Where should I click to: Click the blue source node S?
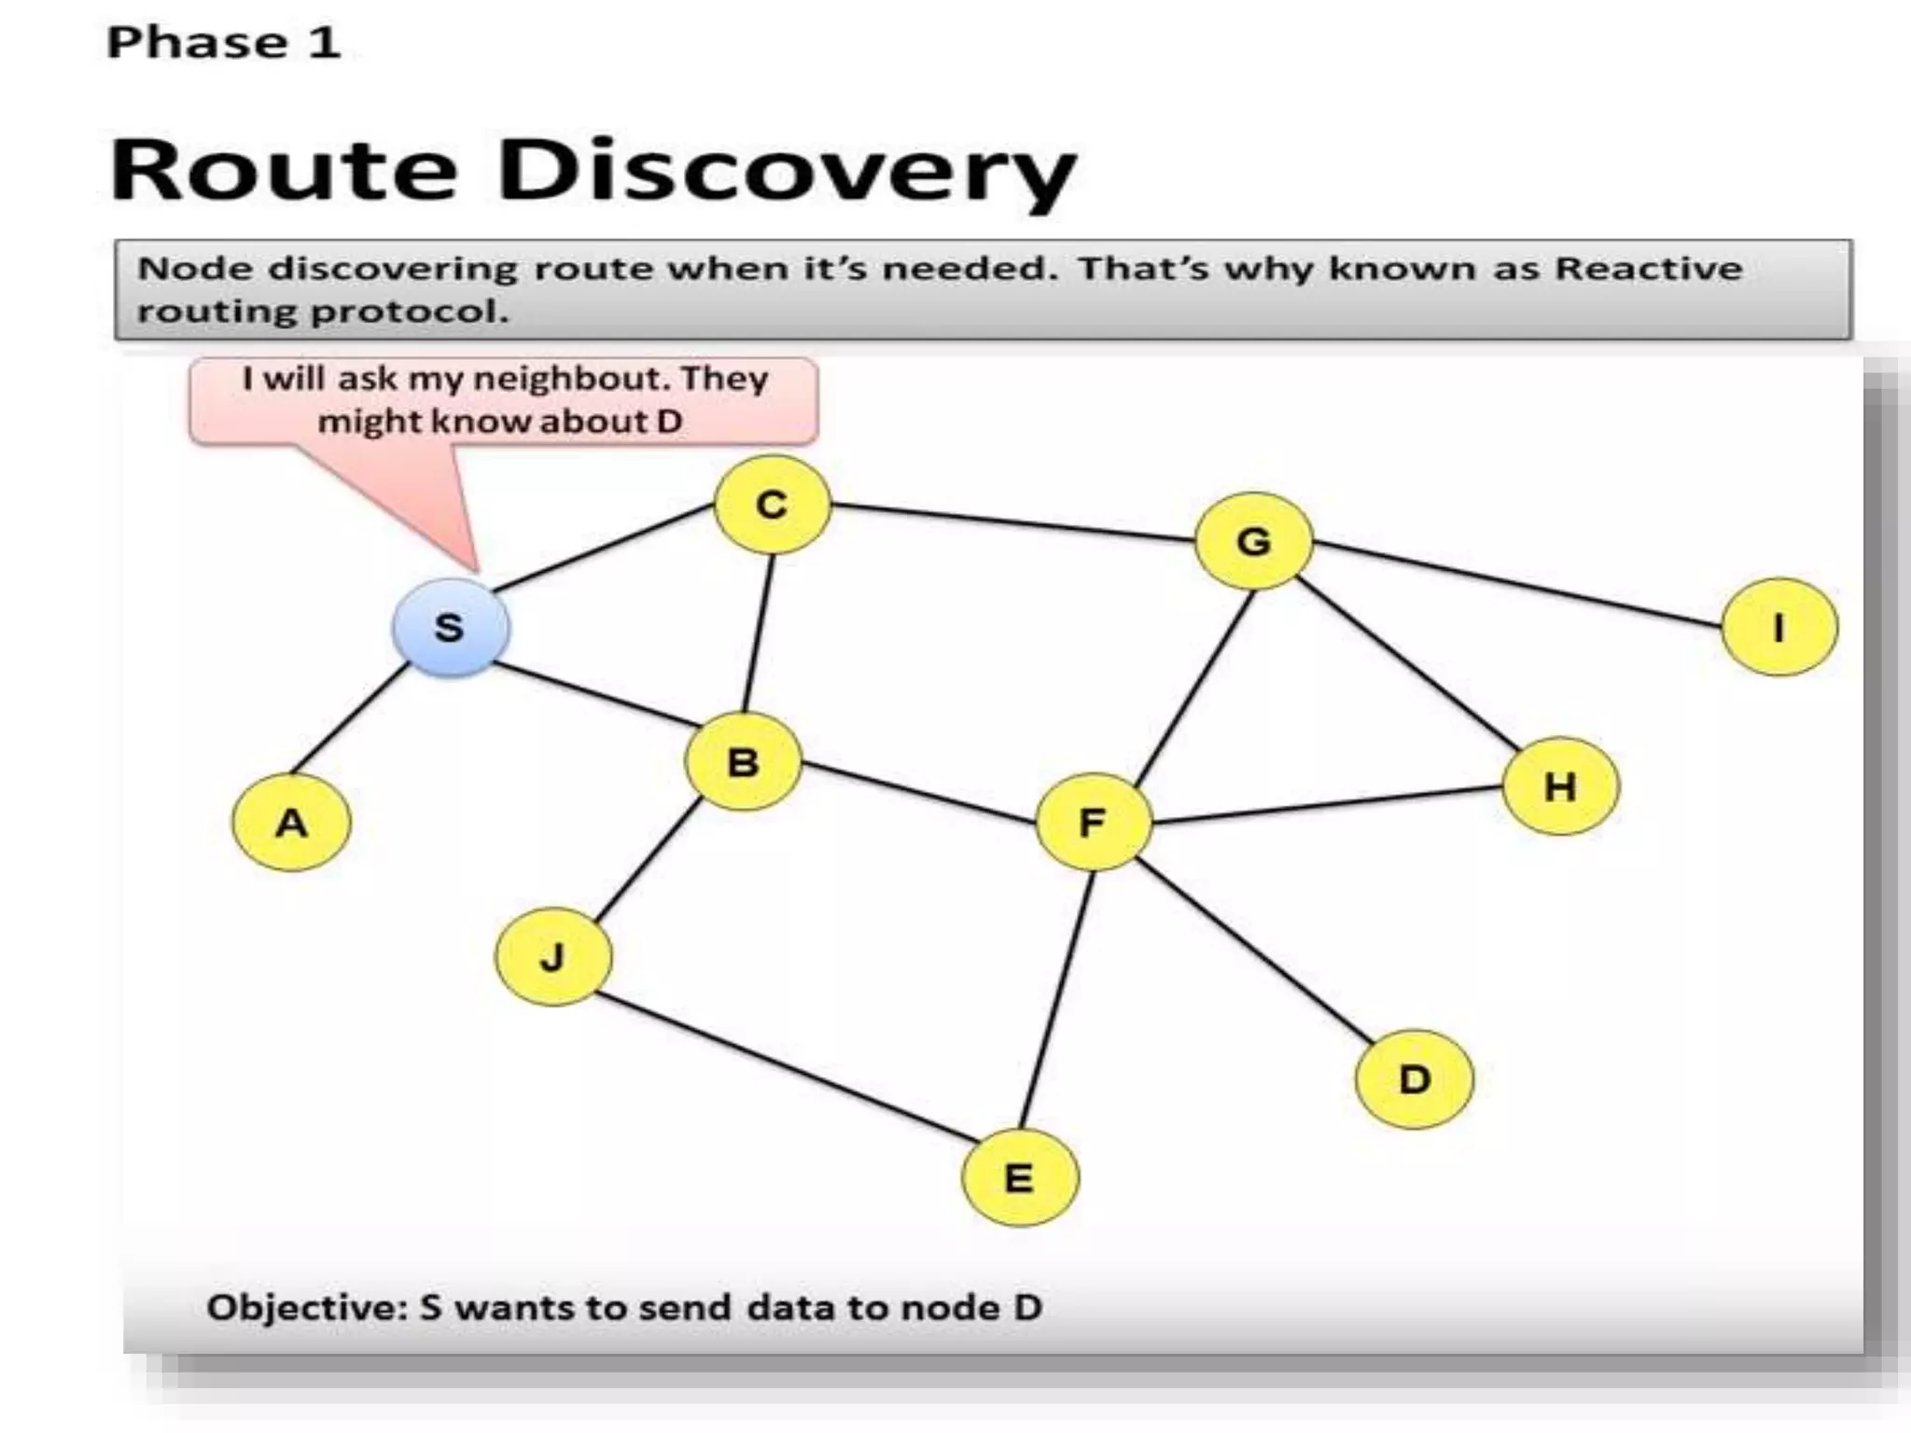pyautogui.click(x=451, y=627)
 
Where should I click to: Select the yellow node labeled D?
pyautogui.click(x=1414, y=1079)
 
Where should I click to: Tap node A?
pyautogui.click(x=291, y=823)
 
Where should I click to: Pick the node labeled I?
pyautogui.click(x=1778, y=627)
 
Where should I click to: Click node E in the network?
pyautogui.click(x=1019, y=1177)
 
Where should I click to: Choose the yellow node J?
pyautogui.click(x=553, y=957)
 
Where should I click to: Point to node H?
pyautogui.click(x=1560, y=786)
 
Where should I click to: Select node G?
pyautogui.click(x=1253, y=541)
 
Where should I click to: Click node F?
pyautogui.click(x=1093, y=822)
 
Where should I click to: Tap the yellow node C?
pyautogui.click(x=772, y=505)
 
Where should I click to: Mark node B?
pyautogui.click(x=743, y=762)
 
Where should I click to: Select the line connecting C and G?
pyautogui.click(x=1012, y=522)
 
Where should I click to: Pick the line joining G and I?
pyautogui.click(x=1516, y=583)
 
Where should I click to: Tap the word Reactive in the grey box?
pyautogui.click(x=1648, y=269)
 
